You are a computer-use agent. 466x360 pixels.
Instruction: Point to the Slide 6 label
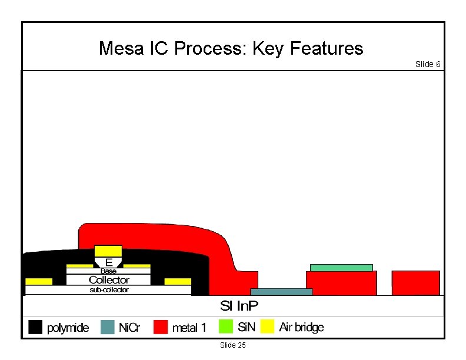(x=428, y=64)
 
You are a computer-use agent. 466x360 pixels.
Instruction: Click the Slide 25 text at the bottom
(x=232, y=345)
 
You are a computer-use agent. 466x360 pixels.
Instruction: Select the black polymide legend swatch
(x=35, y=326)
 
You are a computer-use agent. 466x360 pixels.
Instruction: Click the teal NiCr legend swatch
(x=107, y=326)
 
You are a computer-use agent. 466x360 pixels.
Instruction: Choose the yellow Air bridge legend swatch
(x=268, y=326)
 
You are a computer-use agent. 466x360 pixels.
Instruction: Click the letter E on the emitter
(x=108, y=262)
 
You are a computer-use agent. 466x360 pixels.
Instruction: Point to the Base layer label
(x=108, y=271)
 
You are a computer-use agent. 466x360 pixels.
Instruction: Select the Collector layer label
(x=108, y=280)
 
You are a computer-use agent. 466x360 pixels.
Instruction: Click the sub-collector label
(x=108, y=289)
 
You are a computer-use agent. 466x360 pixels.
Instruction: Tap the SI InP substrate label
(x=239, y=306)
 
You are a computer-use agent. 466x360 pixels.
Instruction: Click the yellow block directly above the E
(x=108, y=251)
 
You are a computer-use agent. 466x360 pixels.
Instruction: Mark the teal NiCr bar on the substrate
(x=281, y=292)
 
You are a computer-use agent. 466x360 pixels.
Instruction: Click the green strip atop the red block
(x=341, y=268)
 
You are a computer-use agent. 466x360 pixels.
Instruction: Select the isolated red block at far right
(x=415, y=282)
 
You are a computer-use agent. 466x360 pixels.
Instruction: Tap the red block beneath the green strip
(x=341, y=283)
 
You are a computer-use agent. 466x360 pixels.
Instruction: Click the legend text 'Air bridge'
(x=301, y=327)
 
